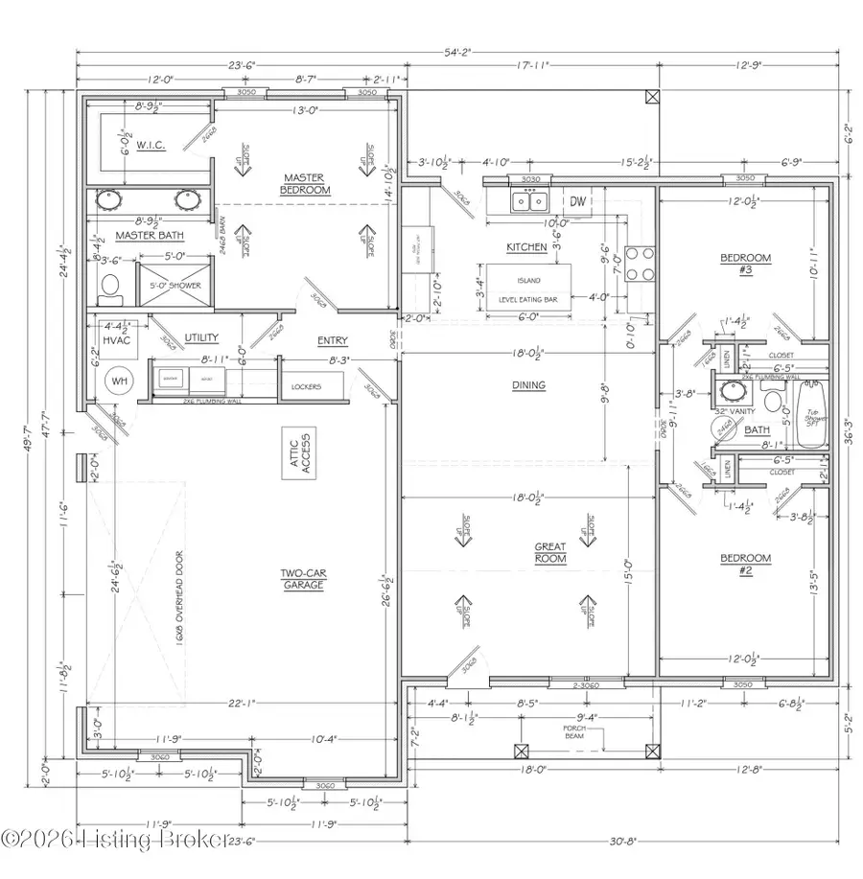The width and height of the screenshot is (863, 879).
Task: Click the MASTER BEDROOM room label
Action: pyautogui.click(x=305, y=184)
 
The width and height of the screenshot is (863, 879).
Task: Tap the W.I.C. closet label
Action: pyautogui.click(x=152, y=146)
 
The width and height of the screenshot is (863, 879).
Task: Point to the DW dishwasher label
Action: pyautogui.click(x=577, y=201)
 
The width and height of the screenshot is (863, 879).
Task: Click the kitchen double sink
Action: pyautogui.click(x=528, y=201)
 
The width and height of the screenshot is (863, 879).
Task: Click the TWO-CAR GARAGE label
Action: pyautogui.click(x=305, y=580)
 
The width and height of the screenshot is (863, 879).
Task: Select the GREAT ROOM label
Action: pyautogui.click(x=550, y=553)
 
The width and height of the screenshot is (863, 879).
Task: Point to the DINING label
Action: pyautogui.click(x=528, y=385)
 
